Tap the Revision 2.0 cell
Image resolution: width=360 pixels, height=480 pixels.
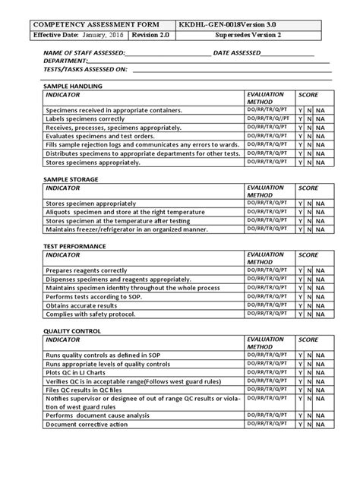(x=151, y=36)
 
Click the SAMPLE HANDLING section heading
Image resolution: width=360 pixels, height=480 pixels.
(x=77, y=87)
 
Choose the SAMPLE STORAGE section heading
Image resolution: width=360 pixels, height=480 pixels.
(x=74, y=178)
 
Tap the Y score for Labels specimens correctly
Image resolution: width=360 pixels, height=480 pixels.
(x=301, y=119)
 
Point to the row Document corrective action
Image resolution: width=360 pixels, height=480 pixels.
(x=87, y=425)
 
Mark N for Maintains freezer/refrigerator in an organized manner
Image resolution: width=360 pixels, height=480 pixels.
(x=310, y=229)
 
